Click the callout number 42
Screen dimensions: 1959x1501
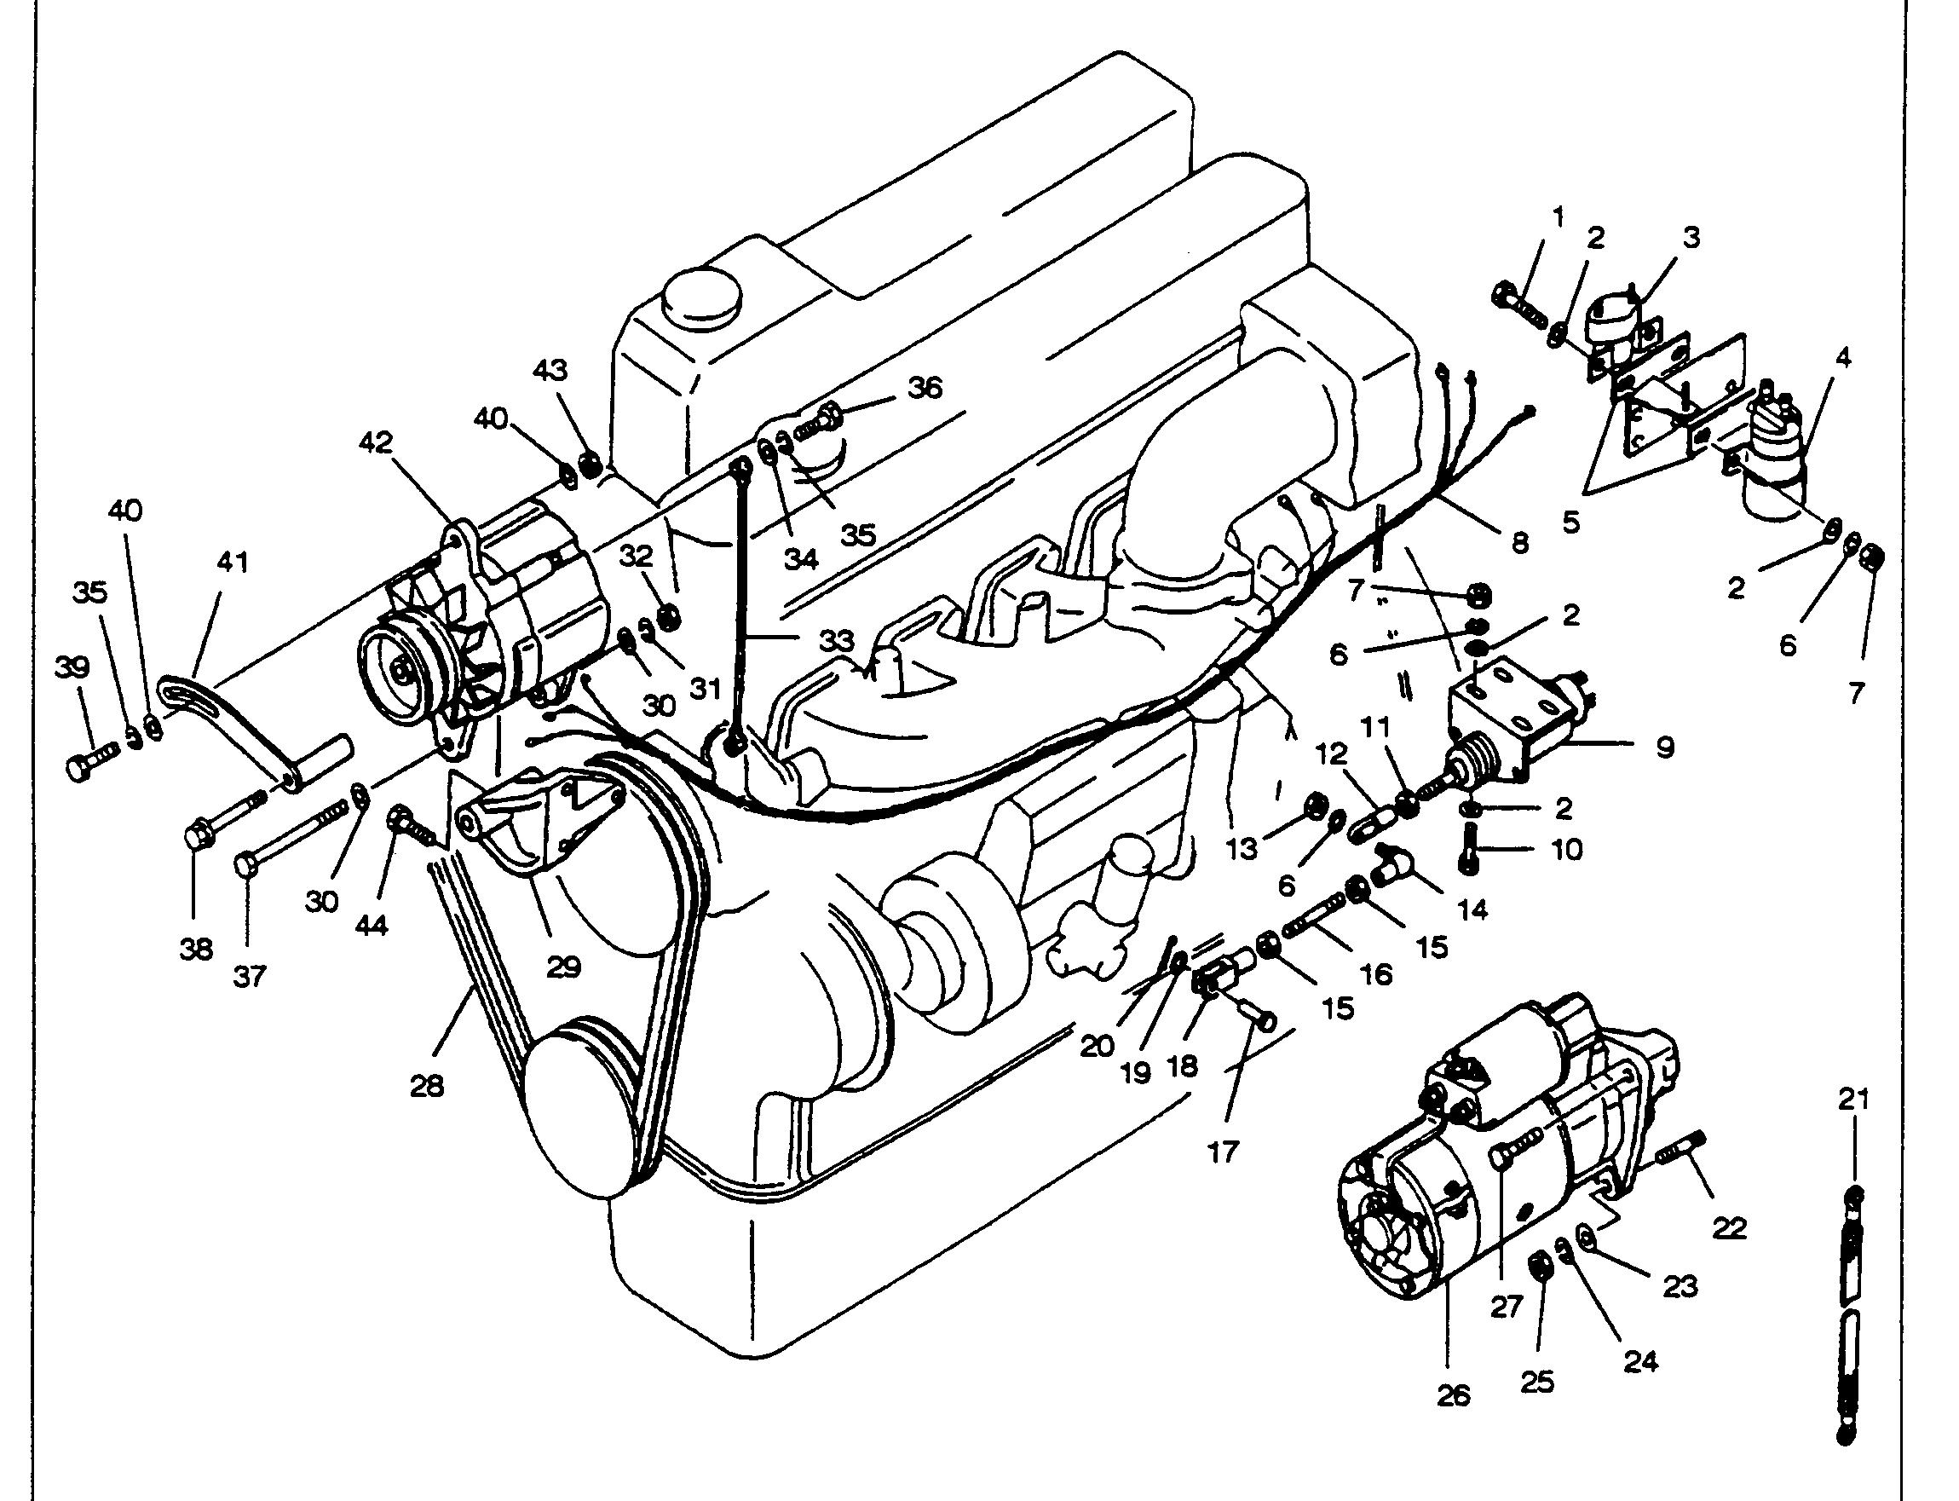pos(377,442)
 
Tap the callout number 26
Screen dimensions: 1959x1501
pos(1454,1395)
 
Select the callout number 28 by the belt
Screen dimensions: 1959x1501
pos(428,1088)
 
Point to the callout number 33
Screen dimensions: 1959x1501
pos(837,641)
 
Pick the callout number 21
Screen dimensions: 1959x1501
pos(1853,1100)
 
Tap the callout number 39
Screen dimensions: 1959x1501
pos(73,667)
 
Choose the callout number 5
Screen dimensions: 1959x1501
pos(1571,522)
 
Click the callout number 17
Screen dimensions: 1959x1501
pos(1223,1152)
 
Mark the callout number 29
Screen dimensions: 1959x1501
pos(563,967)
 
